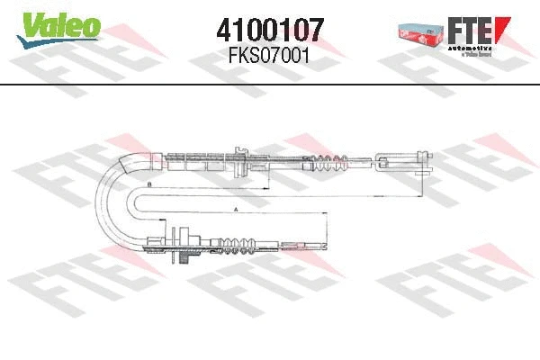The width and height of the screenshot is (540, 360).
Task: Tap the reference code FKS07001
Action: click(x=271, y=55)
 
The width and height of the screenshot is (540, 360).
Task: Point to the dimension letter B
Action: click(x=148, y=184)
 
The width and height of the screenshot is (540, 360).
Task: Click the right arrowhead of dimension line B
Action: click(x=424, y=191)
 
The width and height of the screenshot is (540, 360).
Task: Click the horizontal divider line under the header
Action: click(x=270, y=85)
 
